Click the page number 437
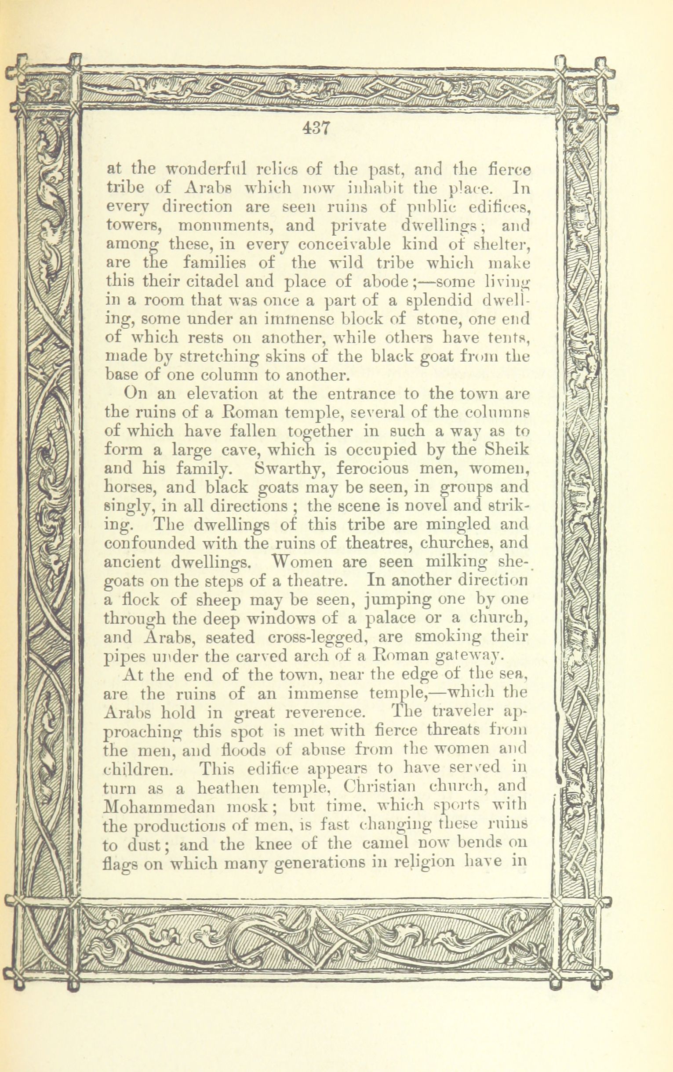tap(315, 129)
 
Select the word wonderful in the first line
tap(207, 170)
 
